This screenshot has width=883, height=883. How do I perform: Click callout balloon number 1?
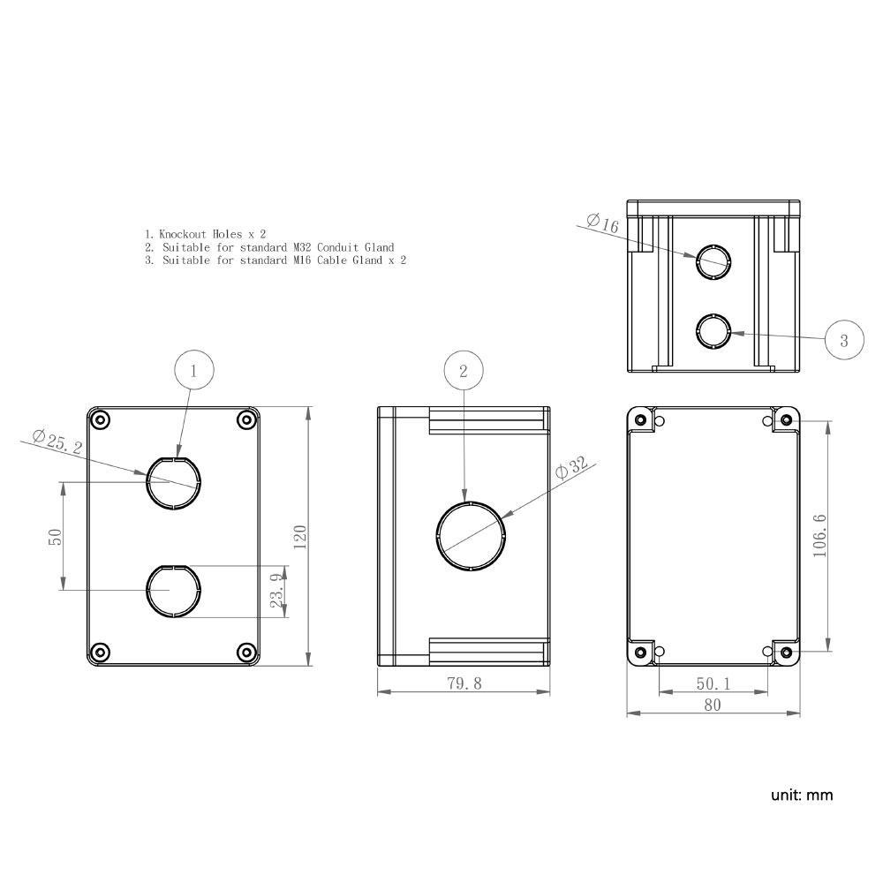click(x=195, y=371)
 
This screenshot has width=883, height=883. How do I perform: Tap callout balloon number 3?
click(x=844, y=340)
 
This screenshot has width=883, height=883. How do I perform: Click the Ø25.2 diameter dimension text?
click(x=57, y=442)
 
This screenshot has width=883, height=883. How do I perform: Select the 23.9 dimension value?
click(x=277, y=591)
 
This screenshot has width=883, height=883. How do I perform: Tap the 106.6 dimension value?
click(x=819, y=535)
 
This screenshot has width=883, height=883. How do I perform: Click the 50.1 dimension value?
click(x=713, y=683)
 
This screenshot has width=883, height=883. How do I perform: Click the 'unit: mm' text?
click(x=802, y=795)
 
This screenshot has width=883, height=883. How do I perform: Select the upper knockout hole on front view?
click(x=174, y=482)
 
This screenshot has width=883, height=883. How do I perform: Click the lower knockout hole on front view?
click(x=174, y=591)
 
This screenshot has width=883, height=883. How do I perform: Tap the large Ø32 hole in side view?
click(x=472, y=536)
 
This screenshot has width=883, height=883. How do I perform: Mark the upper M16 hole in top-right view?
click(x=713, y=260)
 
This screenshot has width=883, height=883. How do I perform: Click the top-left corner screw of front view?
click(x=101, y=419)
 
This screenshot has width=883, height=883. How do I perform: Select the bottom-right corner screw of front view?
click(x=246, y=653)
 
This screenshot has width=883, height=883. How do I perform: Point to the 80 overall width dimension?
click(x=713, y=705)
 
